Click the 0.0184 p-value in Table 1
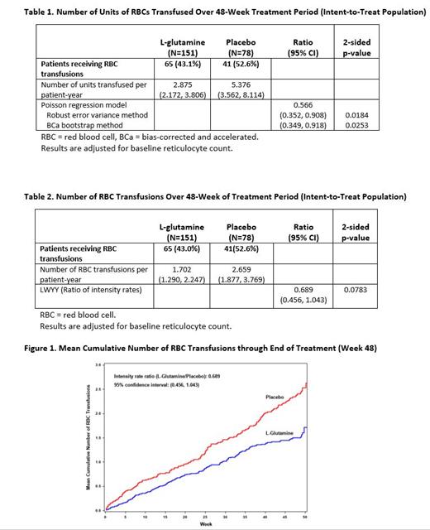tap(356, 116)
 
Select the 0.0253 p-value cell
tap(356, 125)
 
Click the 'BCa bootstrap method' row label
tap(85, 125)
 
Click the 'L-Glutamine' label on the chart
tap(280, 433)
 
